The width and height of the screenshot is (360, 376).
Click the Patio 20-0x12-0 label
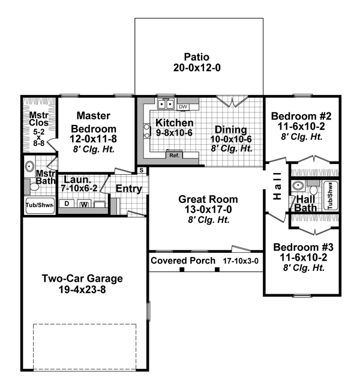[198, 62]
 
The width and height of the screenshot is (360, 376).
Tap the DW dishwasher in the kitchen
[184, 107]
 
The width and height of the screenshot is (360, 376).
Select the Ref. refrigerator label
[175, 155]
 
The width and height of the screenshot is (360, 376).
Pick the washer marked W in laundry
[84, 204]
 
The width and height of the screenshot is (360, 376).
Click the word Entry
[128, 189]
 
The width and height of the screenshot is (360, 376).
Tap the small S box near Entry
[141, 171]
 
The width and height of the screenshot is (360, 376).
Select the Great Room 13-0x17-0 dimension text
[208, 210]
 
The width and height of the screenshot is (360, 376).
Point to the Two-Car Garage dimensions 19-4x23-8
[82, 289]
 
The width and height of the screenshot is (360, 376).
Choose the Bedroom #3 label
[301, 247]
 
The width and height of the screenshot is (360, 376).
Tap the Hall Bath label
[306, 203]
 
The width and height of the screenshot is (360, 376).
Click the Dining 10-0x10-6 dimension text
[230, 139]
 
